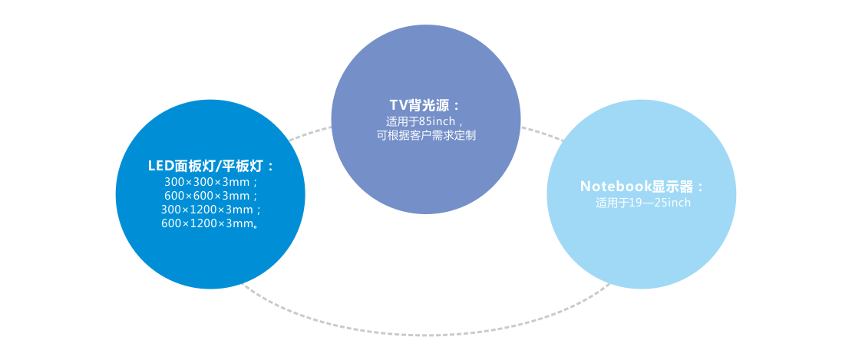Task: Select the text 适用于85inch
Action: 424,121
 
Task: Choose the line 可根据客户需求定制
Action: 426,135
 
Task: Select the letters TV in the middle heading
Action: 397,105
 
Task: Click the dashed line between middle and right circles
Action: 542,134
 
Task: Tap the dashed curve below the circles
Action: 426,333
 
